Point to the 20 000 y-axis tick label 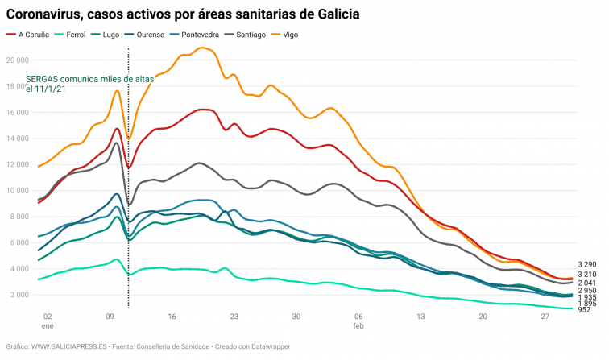pyautogui.click(x=16, y=60)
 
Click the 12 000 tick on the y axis pyautogui.click(x=16, y=164)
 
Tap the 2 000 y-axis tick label pyautogui.click(x=19, y=295)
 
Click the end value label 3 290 pyautogui.click(x=588, y=264)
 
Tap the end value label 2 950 pyautogui.click(x=588, y=290)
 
